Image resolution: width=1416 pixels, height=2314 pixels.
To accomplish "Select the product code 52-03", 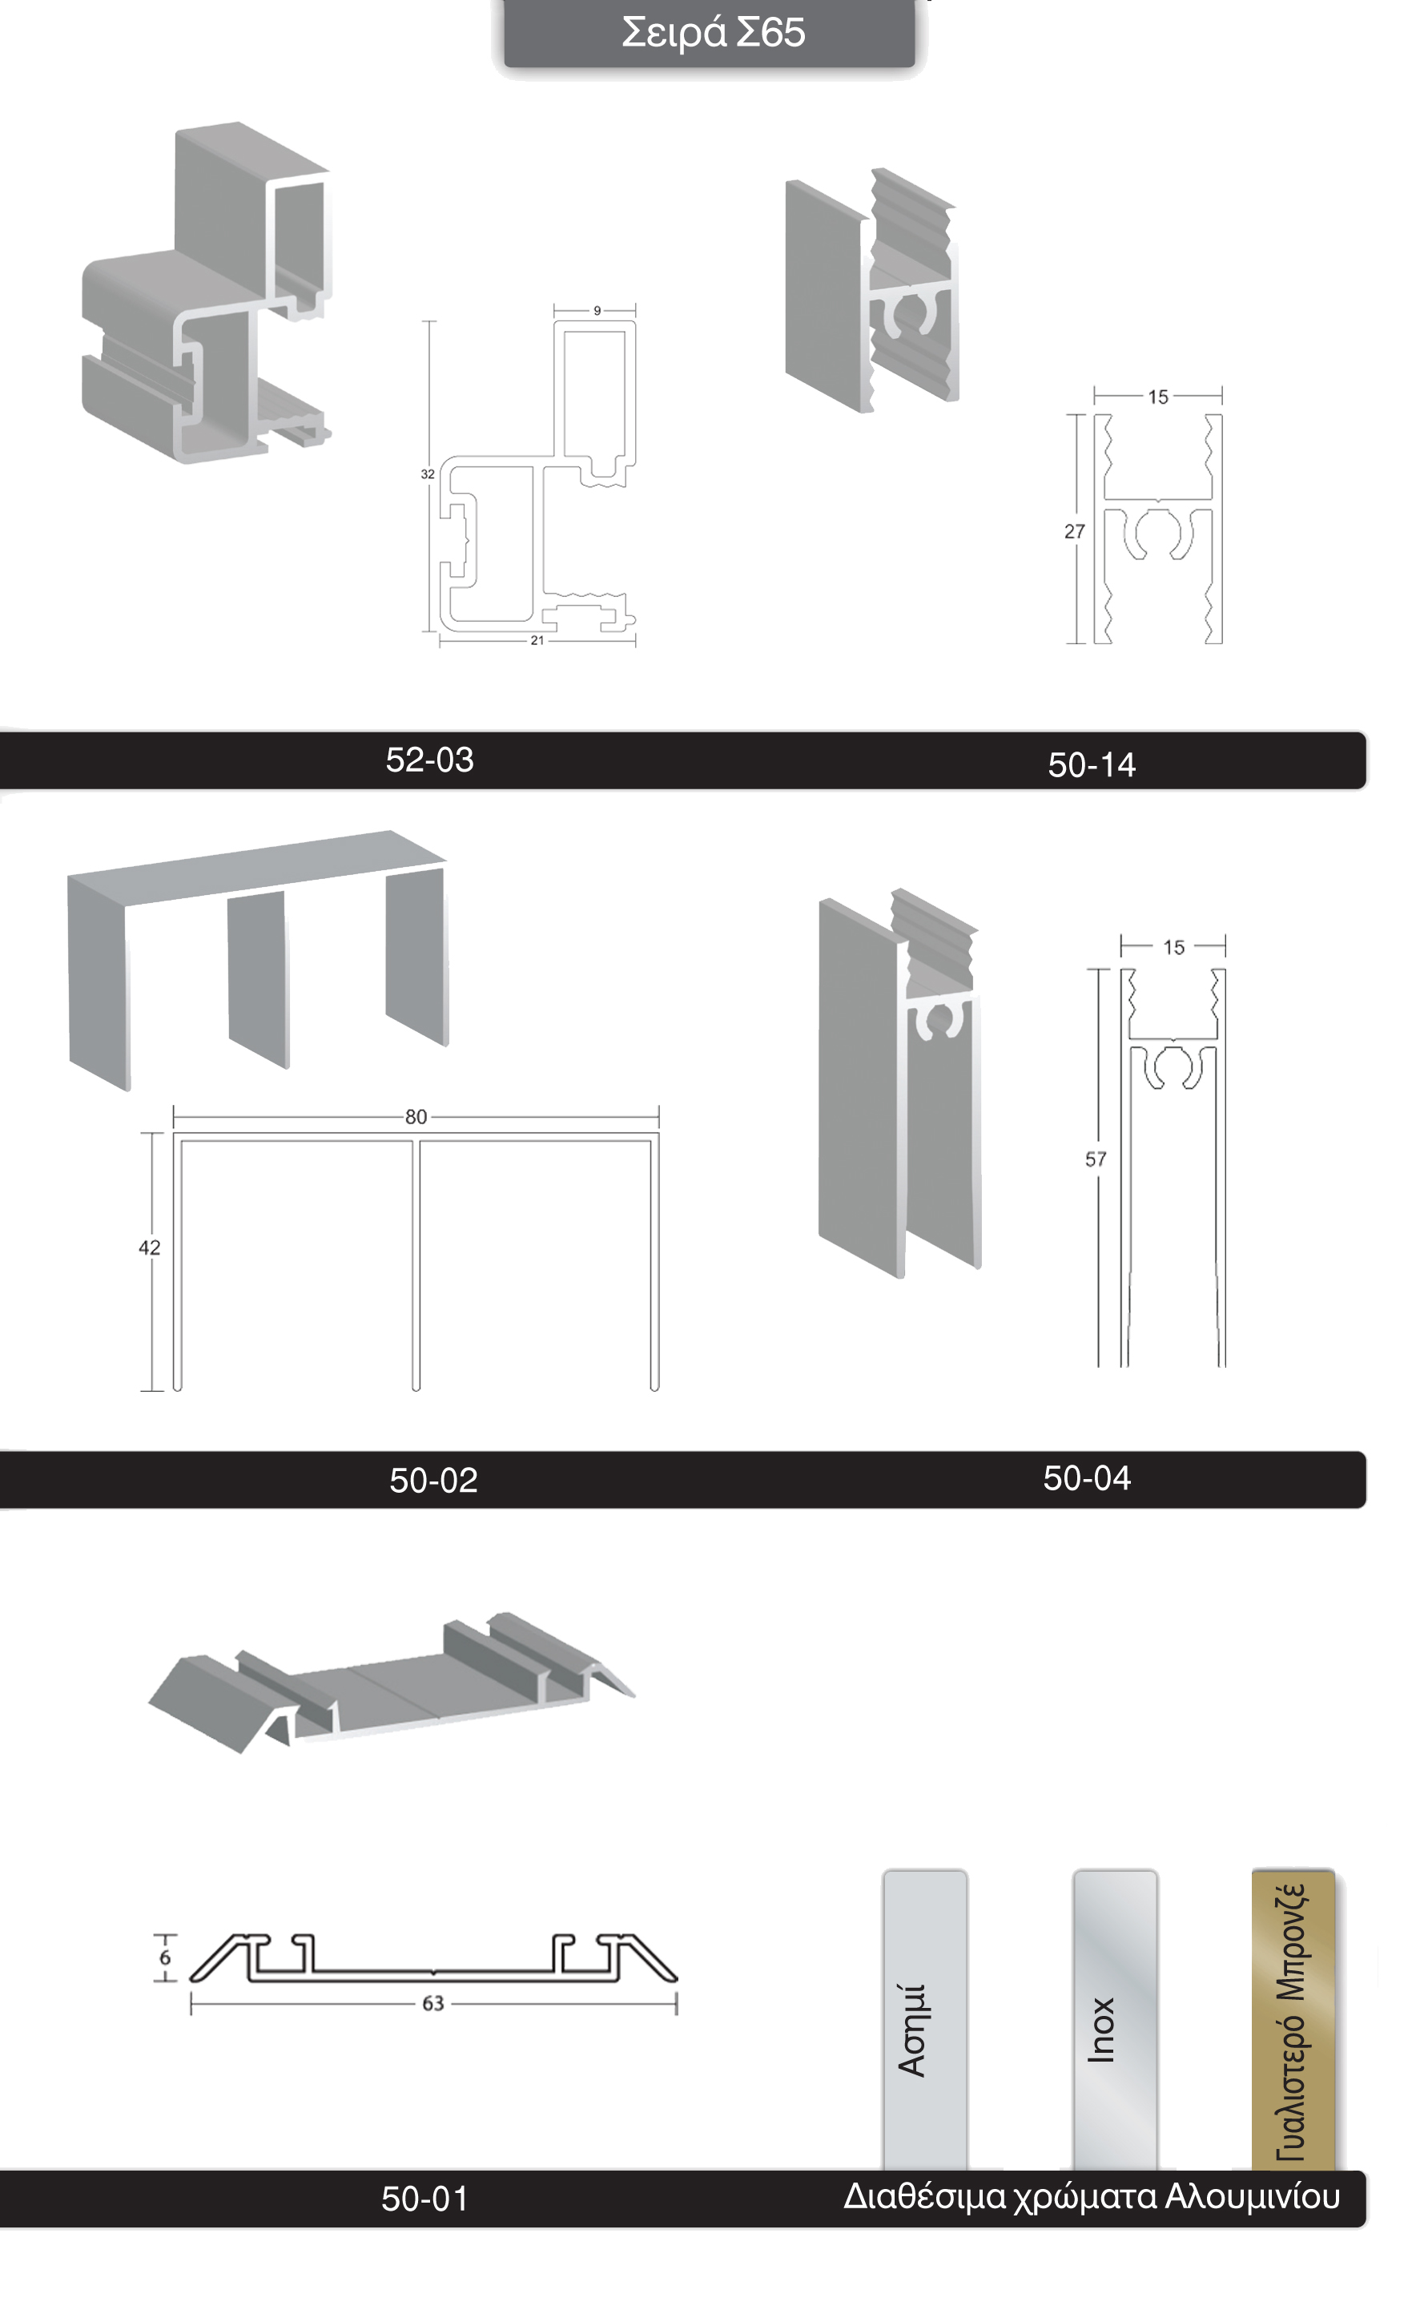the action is (430, 760).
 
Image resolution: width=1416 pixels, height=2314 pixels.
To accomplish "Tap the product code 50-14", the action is (1091, 765).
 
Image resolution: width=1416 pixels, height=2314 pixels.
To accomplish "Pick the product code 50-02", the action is (434, 1480).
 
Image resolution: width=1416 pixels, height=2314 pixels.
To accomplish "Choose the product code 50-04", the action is (1086, 1478).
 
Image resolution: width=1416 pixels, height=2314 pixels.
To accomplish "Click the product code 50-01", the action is (424, 2199).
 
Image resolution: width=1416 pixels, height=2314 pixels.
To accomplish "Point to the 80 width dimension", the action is (416, 1117).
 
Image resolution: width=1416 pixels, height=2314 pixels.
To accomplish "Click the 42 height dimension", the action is (149, 1248).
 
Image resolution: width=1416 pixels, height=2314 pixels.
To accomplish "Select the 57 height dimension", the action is (1096, 1160).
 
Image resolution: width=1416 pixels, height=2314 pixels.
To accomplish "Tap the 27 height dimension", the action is (1074, 531).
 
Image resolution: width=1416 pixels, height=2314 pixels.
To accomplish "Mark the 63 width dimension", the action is (432, 2004).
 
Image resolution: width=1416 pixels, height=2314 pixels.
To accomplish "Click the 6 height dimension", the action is (165, 1958).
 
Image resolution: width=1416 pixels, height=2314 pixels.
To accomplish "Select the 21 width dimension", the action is (537, 640).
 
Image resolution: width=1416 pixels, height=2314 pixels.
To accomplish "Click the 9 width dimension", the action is (597, 311).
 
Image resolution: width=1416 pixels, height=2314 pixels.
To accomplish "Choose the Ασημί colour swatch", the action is (925, 2019).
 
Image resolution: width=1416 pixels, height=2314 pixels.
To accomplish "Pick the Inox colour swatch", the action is (1115, 2019).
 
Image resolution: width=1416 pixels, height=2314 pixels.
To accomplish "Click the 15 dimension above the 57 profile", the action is (1174, 948).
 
